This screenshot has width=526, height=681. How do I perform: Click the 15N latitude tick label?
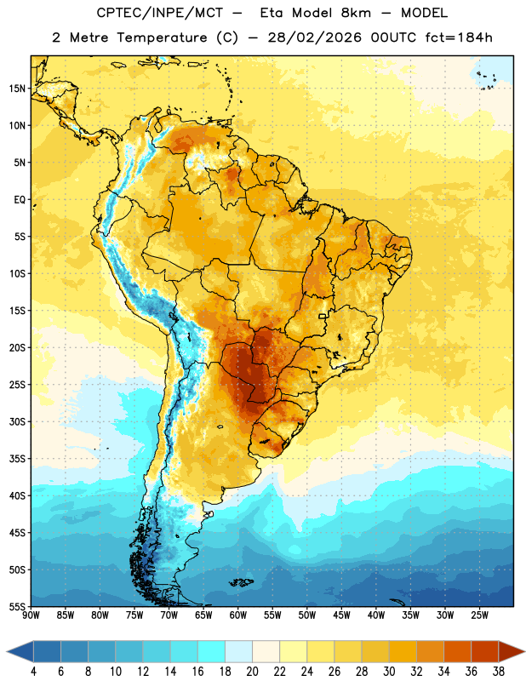coord(17,89)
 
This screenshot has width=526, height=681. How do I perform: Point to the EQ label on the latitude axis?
coord(20,200)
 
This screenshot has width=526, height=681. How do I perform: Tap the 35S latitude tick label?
coord(17,459)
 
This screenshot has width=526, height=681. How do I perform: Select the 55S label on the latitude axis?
coord(17,607)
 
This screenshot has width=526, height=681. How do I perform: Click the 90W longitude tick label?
coord(31,615)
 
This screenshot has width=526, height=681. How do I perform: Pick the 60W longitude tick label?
coord(238,615)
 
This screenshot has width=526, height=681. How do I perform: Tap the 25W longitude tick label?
coord(479,615)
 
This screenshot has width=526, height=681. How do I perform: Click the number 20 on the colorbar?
coord(252,672)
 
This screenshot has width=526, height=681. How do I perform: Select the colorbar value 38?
coord(499,672)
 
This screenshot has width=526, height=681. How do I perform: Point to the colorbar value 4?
coord(33,672)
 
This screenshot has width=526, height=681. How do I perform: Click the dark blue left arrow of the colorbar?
coord(20,651)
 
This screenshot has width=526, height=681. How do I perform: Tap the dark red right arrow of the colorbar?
coord(512,651)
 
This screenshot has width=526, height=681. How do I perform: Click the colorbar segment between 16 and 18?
coord(212,651)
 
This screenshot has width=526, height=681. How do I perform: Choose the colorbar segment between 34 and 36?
coord(458,651)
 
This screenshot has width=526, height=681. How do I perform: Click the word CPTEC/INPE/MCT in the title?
coord(160,13)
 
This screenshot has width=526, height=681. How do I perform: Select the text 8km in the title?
coord(356,13)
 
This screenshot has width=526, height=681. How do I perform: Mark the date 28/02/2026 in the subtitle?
coord(314,37)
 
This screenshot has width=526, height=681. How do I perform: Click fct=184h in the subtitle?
coord(459,37)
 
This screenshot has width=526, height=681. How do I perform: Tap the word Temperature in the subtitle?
coord(162,37)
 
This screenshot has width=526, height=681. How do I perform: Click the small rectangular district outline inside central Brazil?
coord(323,316)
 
